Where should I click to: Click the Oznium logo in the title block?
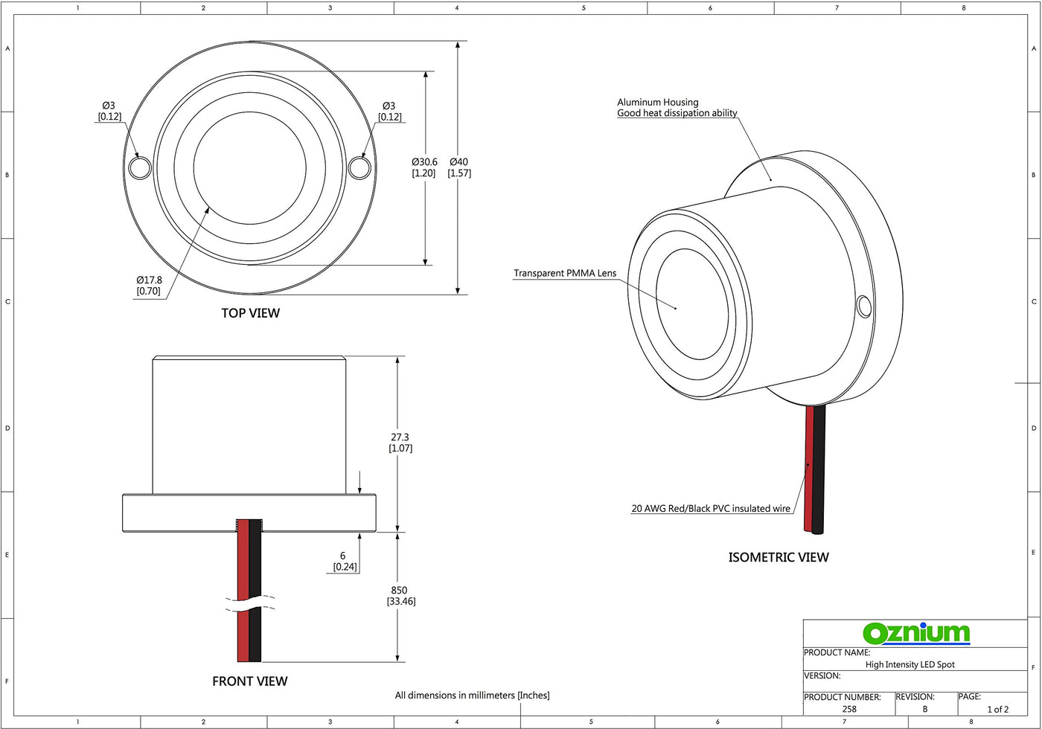(x=916, y=633)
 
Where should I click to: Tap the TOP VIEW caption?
(x=251, y=313)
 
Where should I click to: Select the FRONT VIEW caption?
(x=250, y=681)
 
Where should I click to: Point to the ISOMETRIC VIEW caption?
(x=779, y=557)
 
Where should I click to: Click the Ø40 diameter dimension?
(x=459, y=167)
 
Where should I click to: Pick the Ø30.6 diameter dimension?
(x=424, y=167)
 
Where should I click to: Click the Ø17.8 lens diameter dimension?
(x=149, y=286)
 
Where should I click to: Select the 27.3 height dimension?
(x=400, y=443)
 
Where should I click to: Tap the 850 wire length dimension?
(x=400, y=596)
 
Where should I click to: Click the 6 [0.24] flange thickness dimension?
(x=345, y=561)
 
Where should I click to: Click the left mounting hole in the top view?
(x=139, y=167)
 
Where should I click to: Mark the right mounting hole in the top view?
(x=359, y=167)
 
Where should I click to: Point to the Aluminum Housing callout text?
(x=677, y=108)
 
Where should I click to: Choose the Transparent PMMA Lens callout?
(x=565, y=274)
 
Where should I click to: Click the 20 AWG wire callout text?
(x=711, y=509)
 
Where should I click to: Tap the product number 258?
(x=849, y=709)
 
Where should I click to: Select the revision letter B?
(x=925, y=709)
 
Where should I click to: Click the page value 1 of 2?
(x=997, y=709)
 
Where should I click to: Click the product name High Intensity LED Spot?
(x=910, y=664)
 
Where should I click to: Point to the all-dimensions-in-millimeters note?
(x=472, y=696)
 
